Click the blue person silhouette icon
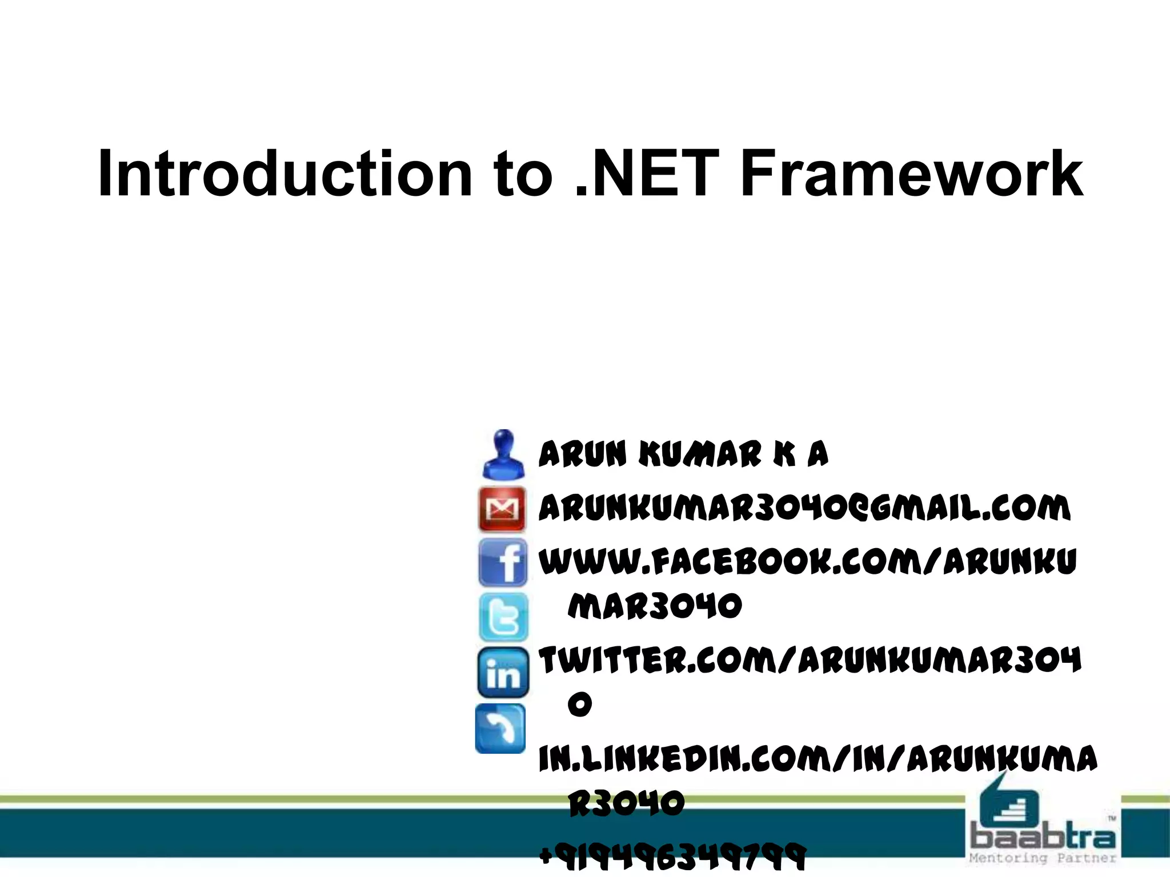[x=503, y=455]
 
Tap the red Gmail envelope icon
[x=502, y=509]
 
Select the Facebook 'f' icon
[x=503, y=562]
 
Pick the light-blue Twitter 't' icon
[x=503, y=617]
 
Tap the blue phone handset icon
[x=500, y=728]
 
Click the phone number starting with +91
[x=672, y=856]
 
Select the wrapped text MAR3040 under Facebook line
[x=655, y=606]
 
